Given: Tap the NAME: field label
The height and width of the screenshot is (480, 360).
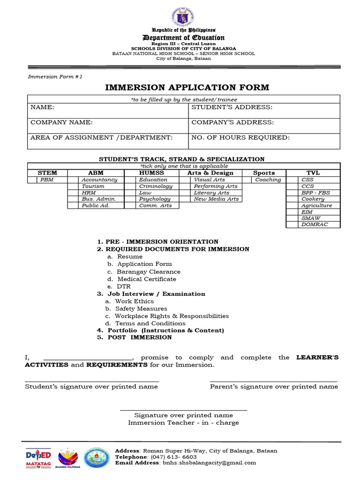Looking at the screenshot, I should pyautogui.click(x=43, y=107).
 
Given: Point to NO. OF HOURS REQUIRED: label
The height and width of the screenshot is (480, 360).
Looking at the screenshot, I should pyautogui.click(x=240, y=137).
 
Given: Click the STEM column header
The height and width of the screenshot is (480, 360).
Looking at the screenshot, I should pyautogui.click(x=47, y=173).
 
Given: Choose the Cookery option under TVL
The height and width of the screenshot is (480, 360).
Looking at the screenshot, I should pyautogui.click(x=313, y=199).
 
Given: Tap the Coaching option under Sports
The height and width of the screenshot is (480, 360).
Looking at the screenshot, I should pyautogui.click(x=268, y=180).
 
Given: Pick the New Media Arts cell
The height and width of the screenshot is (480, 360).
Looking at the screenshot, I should pyautogui.click(x=216, y=199).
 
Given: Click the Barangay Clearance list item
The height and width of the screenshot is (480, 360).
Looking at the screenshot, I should pyautogui.click(x=149, y=272).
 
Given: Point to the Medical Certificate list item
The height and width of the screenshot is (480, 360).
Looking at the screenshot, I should pyautogui.click(x=147, y=279).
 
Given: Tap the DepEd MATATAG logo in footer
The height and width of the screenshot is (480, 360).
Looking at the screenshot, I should pyautogui.click(x=38, y=457).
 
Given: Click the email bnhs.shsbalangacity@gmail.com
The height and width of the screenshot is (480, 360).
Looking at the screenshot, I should pyautogui.click(x=210, y=463).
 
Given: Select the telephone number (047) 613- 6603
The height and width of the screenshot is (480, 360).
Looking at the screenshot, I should pyautogui.click(x=173, y=457).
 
